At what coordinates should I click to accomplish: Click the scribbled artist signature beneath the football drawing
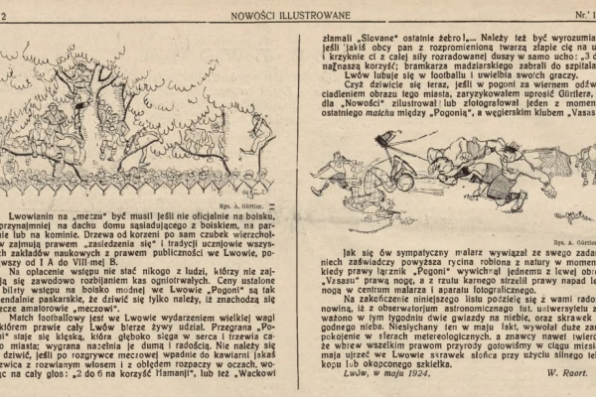[570, 216]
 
